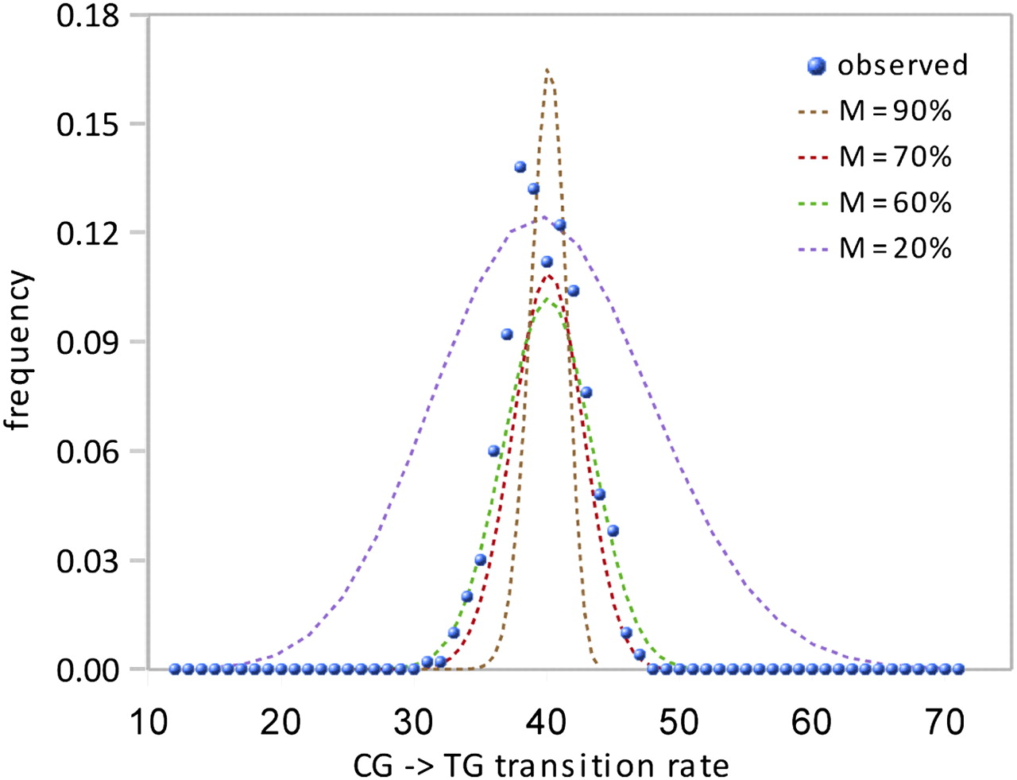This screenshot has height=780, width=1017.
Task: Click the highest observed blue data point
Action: [x=520, y=167]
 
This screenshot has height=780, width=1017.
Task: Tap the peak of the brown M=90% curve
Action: [x=547, y=71]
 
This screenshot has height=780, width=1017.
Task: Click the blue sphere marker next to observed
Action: [x=816, y=66]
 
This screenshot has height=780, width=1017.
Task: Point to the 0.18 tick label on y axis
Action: [x=87, y=15]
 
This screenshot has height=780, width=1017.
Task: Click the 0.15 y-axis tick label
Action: [x=87, y=124]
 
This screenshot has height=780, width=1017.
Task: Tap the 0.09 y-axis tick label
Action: [x=87, y=342]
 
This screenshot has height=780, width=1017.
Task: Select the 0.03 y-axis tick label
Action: [x=87, y=561]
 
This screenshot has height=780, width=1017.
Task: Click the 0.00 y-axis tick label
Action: [x=87, y=670]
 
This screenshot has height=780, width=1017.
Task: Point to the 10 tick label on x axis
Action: [x=148, y=723]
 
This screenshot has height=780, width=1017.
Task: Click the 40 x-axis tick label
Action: [x=547, y=723]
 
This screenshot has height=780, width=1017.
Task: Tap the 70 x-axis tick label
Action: [x=945, y=723]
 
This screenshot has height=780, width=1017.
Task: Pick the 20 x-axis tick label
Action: [x=280, y=723]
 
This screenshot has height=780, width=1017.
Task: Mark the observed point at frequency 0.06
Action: [x=493, y=451]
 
